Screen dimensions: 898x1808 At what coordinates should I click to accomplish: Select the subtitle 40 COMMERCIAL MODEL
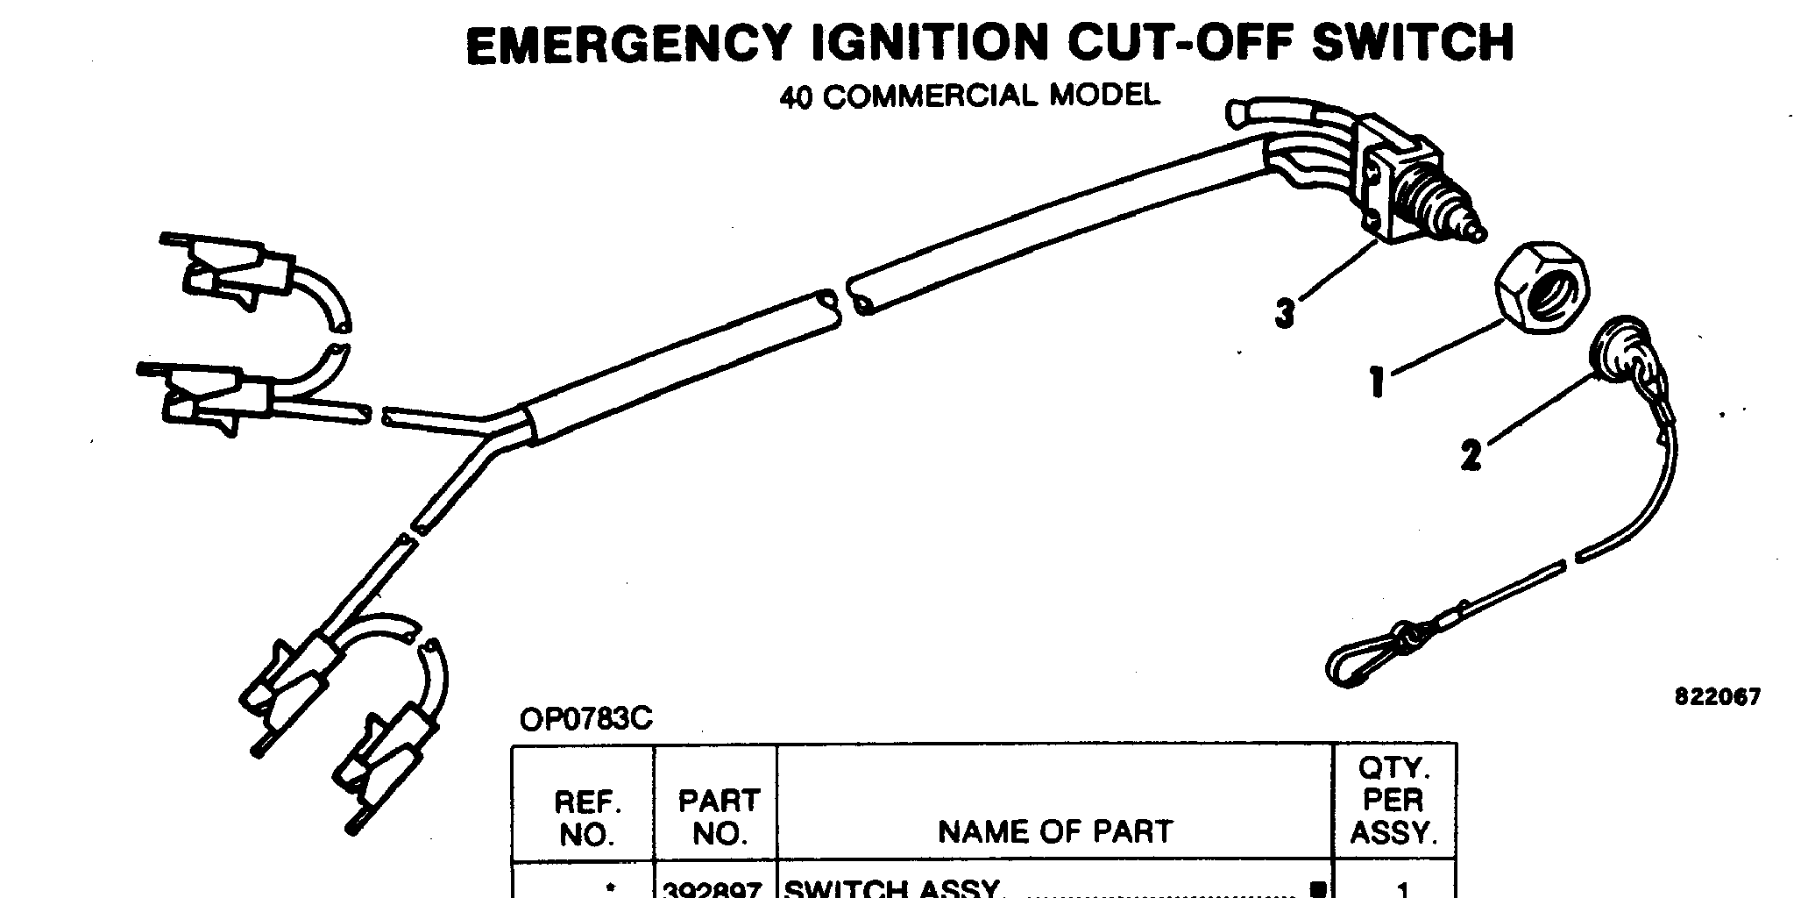[x=969, y=95]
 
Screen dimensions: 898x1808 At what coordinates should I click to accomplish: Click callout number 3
[x=1284, y=312]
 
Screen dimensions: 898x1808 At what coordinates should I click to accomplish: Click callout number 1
[x=1377, y=382]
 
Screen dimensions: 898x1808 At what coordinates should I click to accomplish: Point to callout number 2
[x=1471, y=456]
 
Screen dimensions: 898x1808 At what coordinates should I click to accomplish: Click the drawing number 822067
[x=1717, y=697]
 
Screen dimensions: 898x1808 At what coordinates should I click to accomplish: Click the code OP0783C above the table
[x=585, y=721]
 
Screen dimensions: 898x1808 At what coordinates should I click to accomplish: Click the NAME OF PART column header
[x=1055, y=831]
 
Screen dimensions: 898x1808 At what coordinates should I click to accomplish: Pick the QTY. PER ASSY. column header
[x=1393, y=801]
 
